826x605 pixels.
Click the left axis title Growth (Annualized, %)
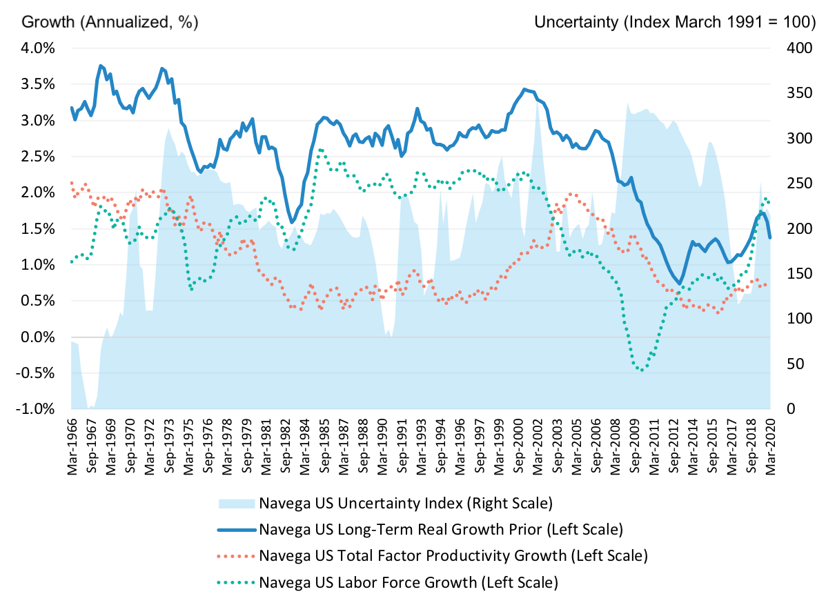point(110,21)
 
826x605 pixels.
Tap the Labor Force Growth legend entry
point(408,582)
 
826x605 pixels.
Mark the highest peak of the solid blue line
point(101,66)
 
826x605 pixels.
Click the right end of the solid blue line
point(770,237)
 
